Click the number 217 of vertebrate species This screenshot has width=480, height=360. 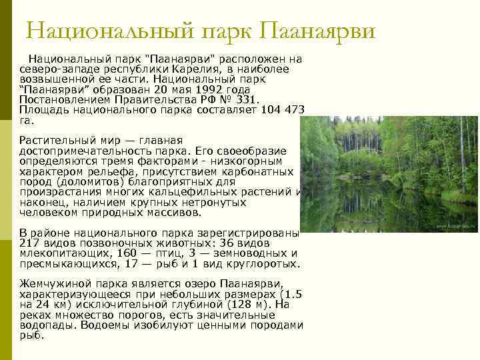pos(30,243)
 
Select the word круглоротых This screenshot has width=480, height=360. pos(267,264)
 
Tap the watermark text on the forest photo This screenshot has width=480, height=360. pos(456,227)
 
